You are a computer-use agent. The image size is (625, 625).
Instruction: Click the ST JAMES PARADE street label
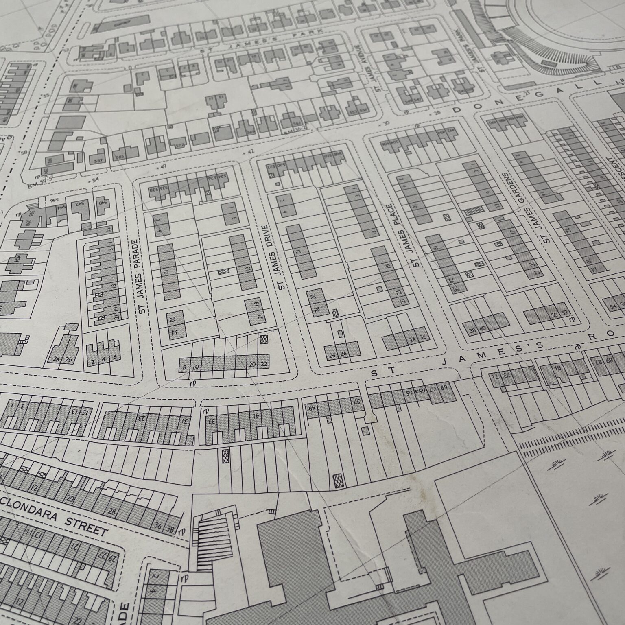(142, 276)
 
